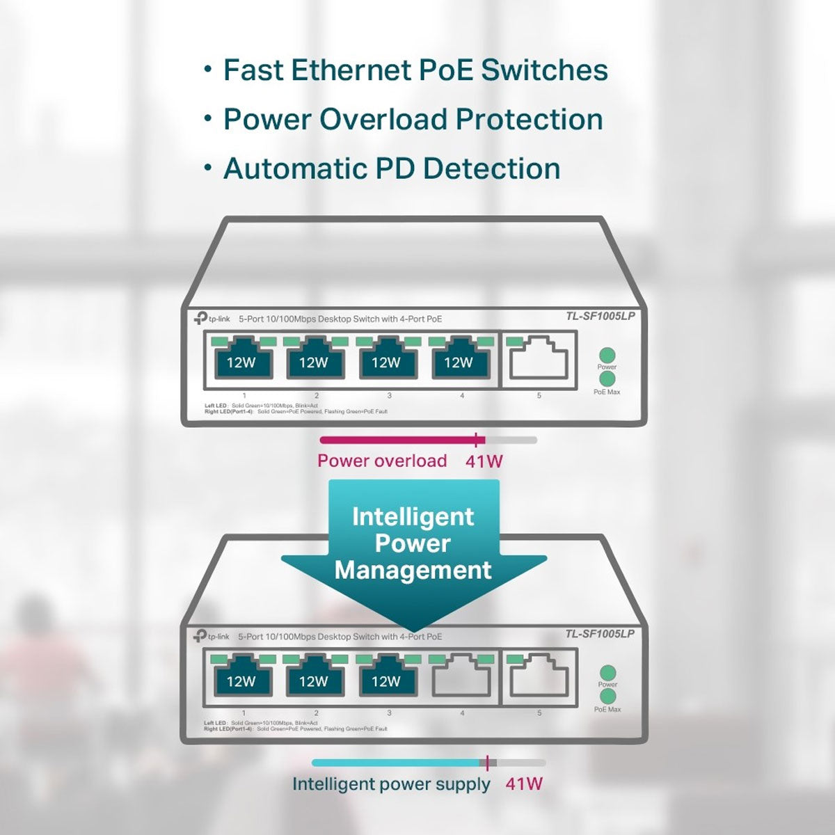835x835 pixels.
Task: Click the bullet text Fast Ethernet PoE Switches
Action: (x=415, y=70)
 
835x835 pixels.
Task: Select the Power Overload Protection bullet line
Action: (x=412, y=119)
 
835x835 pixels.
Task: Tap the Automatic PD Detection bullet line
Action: (x=391, y=169)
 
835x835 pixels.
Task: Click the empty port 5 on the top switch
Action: (x=539, y=359)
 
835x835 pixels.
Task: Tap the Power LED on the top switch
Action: (x=607, y=354)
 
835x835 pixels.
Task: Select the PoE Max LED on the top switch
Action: (x=607, y=379)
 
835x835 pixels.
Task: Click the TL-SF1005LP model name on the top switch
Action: (x=600, y=317)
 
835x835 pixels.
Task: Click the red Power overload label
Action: (x=382, y=461)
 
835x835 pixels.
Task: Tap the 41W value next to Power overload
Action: (x=484, y=461)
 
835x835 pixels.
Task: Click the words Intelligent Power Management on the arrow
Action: (x=413, y=543)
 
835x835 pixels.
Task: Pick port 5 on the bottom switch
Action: (x=539, y=677)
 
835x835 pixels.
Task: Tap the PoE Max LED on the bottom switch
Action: (x=607, y=697)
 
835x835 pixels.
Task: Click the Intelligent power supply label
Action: (x=391, y=784)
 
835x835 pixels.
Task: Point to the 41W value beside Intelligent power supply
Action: (x=524, y=784)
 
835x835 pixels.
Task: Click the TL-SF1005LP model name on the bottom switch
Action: (x=600, y=634)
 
